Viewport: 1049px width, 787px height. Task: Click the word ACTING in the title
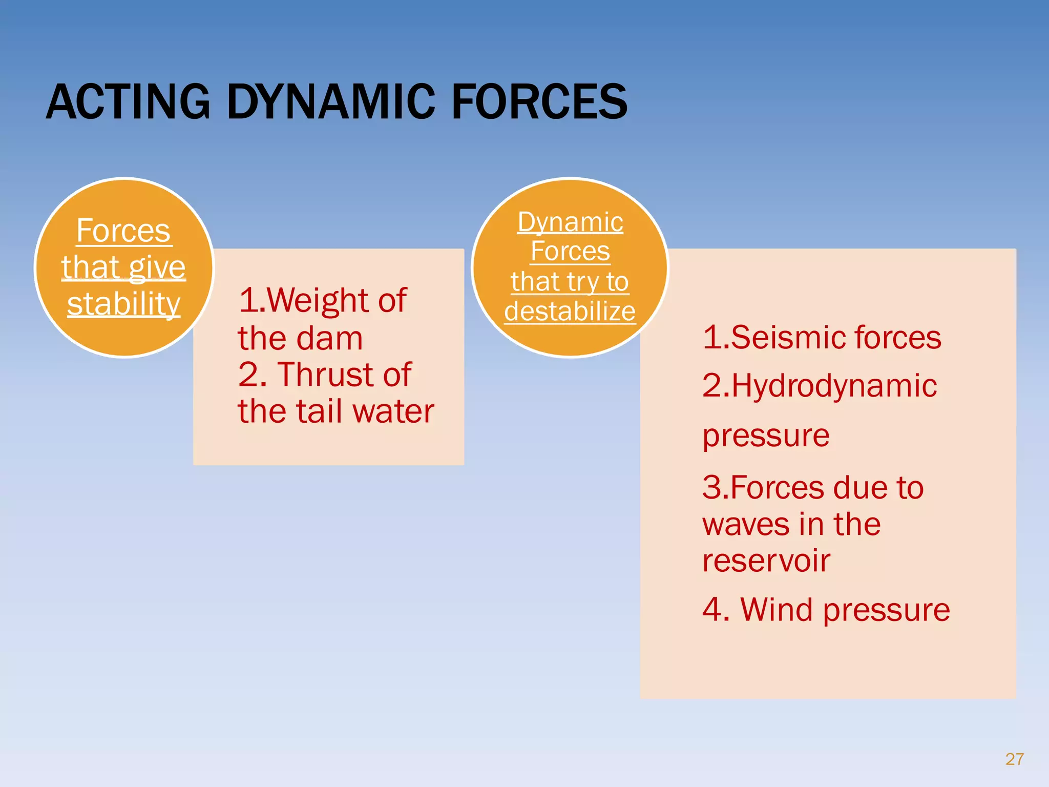coord(128,102)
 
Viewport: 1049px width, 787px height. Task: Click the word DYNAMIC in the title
coord(330,102)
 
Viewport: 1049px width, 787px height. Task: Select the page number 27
coord(1014,759)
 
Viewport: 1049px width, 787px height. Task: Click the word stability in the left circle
coord(123,304)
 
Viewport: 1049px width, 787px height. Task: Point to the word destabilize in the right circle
coord(570,312)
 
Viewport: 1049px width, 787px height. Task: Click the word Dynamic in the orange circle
coord(570,222)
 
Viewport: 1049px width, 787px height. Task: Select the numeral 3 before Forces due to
coord(712,487)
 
